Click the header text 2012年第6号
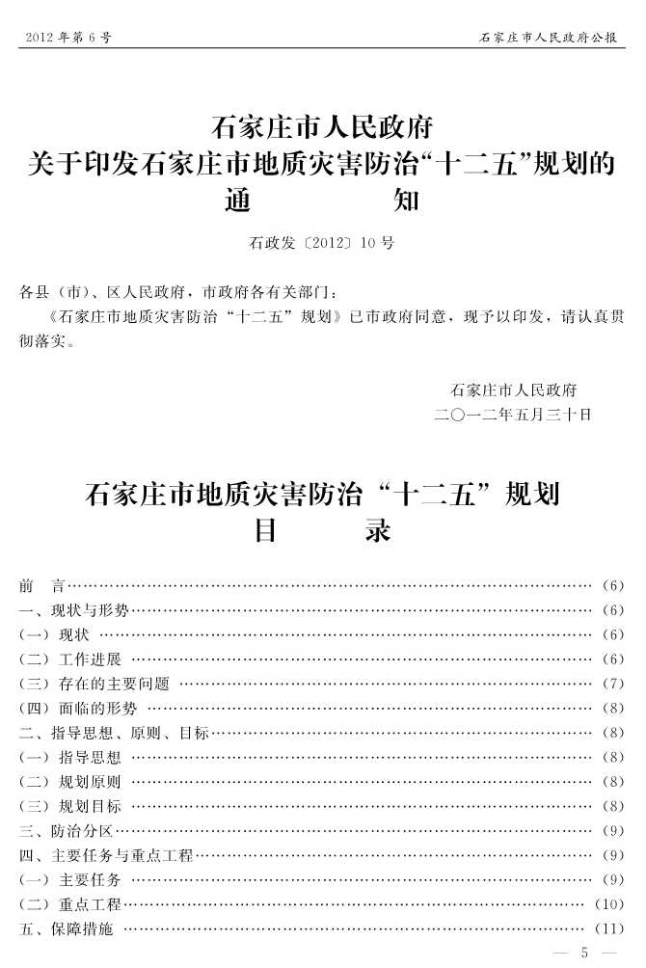coord(64,38)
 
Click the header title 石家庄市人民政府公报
coord(552,38)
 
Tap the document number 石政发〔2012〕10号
coord(322,243)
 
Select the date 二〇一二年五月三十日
coord(513,415)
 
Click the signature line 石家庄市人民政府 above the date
coord(513,390)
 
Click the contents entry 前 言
coord(41,585)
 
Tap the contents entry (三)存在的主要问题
coord(94,684)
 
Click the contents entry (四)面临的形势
coord(78,709)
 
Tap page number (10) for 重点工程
coord(609,904)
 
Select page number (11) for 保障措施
coord(609,929)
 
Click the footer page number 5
coord(583,953)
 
